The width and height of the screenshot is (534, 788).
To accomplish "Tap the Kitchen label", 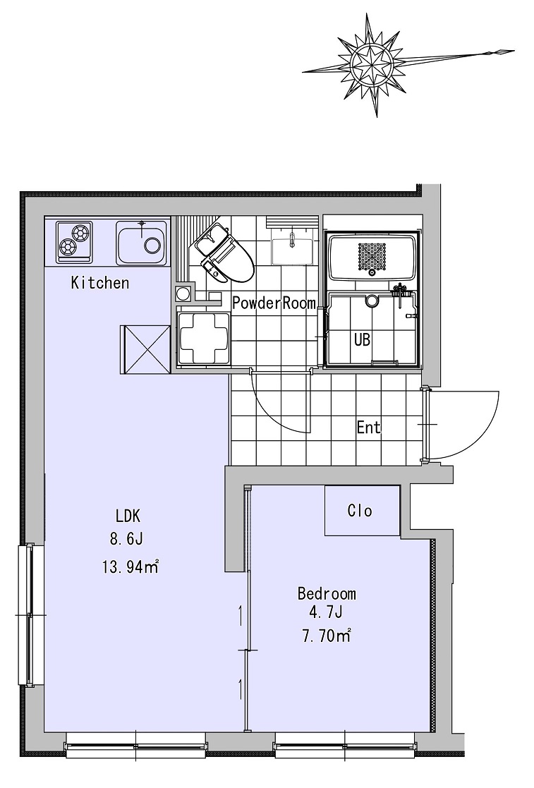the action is [100, 283].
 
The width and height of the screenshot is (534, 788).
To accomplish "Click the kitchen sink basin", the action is [142, 242].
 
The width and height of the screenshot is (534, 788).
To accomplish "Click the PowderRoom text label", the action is [274, 303].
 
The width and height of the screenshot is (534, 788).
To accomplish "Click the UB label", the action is [362, 340].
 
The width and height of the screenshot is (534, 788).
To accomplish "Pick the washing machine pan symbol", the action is [203, 337].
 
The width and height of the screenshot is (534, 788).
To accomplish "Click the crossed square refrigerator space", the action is [145, 349].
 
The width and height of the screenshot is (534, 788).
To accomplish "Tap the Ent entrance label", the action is [368, 428].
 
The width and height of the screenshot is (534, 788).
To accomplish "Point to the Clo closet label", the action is [360, 511].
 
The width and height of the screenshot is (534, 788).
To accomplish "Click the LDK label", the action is [128, 516].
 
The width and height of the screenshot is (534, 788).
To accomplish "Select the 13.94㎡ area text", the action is [131, 567].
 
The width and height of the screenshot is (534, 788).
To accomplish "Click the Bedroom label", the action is [327, 593].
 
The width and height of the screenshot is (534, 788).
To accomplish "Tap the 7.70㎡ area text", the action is [326, 636].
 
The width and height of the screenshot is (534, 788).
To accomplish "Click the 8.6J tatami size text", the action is [126, 539].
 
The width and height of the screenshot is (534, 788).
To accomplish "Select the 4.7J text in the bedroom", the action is [326, 612].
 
